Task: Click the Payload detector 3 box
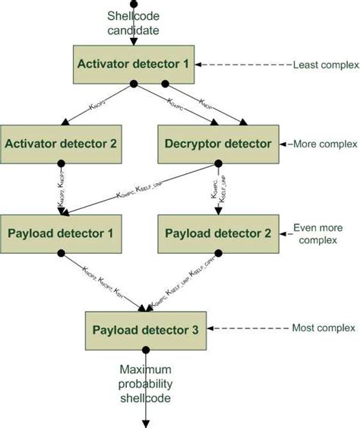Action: point(145,329)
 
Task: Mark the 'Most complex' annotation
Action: point(324,328)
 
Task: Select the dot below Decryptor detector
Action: point(218,162)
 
